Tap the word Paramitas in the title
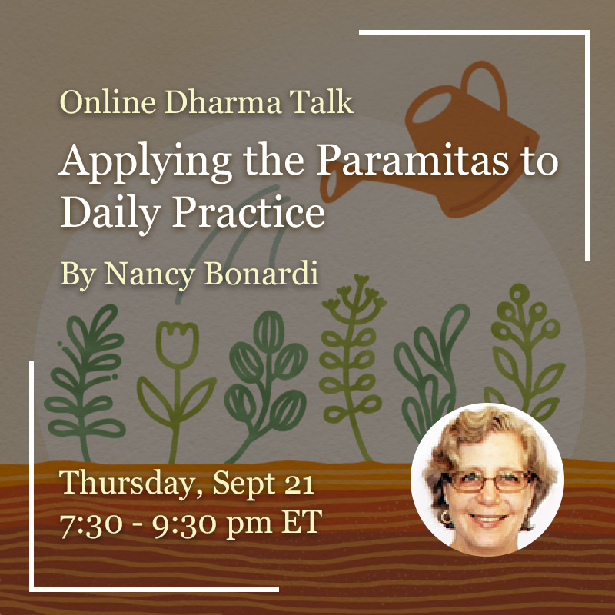(x=413, y=160)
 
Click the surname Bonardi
(x=261, y=273)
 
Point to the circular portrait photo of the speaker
(x=487, y=479)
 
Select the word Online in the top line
(x=108, y=102)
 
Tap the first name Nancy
(x=149, y=274)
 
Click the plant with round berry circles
(x=526, y=353)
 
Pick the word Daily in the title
(x=111, y=214)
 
